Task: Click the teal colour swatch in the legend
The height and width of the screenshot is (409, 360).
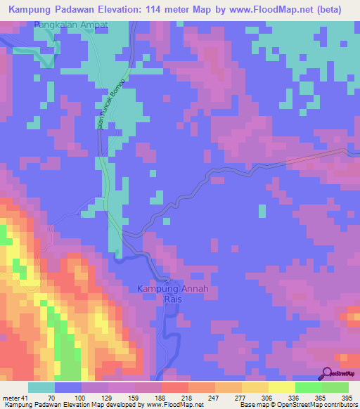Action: (x=41, y=387)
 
